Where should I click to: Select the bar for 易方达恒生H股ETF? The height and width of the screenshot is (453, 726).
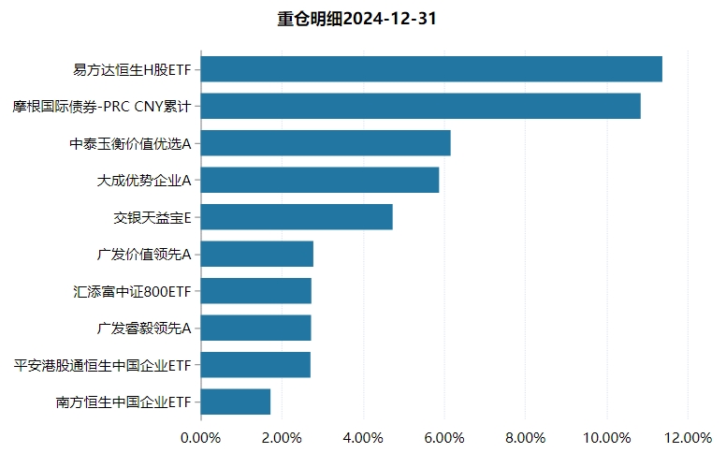click(431, 69)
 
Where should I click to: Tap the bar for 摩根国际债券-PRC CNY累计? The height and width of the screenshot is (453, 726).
click(420, 106)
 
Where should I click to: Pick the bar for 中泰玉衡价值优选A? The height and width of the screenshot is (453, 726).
click(326, 143)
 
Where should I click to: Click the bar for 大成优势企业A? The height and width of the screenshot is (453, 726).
click(320, 180)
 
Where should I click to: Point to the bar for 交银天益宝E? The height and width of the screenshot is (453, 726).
click(297, 217)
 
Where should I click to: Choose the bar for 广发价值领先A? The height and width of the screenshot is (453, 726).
click(257, 254)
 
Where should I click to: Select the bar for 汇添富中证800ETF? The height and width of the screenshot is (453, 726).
click(256, 291)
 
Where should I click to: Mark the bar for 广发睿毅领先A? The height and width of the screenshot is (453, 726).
click(255, 328)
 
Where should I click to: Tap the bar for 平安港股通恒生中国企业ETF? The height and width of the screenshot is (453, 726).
click(255, 365)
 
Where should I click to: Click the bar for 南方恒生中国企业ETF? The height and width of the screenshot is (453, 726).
click(236, 402)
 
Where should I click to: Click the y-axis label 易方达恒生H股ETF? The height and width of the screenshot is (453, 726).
click(132, 69)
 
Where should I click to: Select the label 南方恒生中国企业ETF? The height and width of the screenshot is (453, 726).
click(123, 402)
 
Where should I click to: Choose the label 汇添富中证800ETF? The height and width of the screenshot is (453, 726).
click(132, 291)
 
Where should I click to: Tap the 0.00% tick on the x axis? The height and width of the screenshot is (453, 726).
click(200, 437)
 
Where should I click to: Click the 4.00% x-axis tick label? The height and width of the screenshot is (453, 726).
click(363, 437)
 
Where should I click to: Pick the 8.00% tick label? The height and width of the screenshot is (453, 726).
click(525, 437)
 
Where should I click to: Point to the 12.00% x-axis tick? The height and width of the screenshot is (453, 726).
click(688, 437)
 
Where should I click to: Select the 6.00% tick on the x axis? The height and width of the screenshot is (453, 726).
click(444, 437)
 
